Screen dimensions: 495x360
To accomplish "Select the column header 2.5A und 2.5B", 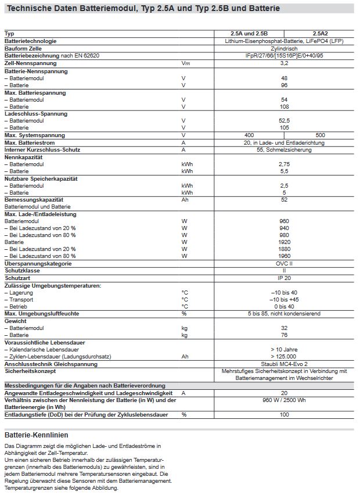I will (250, 34).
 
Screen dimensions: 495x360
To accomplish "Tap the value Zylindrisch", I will (284, 48).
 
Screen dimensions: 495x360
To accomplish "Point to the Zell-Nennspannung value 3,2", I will (284, 63).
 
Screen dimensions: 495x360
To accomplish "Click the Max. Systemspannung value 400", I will (250, 135).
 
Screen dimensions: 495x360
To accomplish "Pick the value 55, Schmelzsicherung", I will (284, 150).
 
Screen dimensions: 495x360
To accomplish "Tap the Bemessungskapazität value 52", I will (284, 200).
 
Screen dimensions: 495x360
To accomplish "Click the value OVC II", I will (284, 264).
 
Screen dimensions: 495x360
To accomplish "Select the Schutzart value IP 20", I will (284, 278).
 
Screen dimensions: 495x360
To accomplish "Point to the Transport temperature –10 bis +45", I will (284, 299).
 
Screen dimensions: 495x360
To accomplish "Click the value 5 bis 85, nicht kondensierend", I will (284, 314).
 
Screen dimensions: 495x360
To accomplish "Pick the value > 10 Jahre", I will (284, 349).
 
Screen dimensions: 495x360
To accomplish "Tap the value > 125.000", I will (284, 356).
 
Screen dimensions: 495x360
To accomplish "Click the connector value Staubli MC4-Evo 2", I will (284, 364).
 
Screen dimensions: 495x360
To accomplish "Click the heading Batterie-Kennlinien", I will (36, 435).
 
